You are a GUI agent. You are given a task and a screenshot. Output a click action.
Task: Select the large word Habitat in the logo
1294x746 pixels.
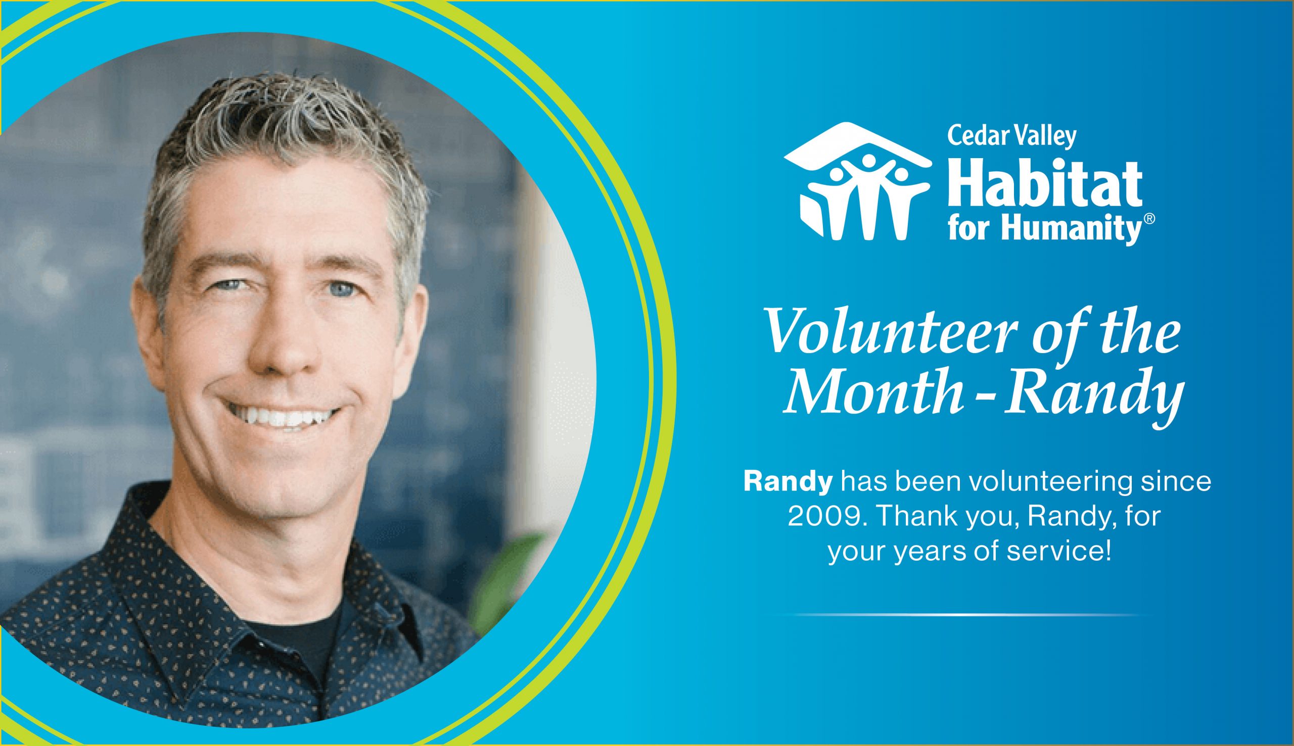1044,185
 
